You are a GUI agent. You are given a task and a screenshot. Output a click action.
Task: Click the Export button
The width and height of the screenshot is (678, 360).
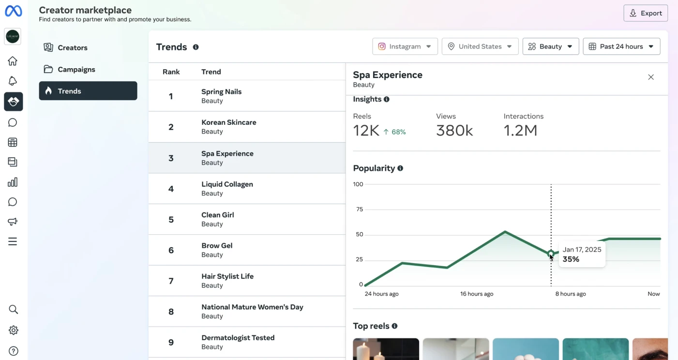tap(645, 13)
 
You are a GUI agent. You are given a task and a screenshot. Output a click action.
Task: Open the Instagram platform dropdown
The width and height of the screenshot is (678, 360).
tap(405, 46)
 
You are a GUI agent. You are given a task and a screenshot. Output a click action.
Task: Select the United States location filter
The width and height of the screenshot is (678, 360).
tap(480, 46)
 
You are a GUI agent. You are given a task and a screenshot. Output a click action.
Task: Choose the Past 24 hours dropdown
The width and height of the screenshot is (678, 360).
tap(621, 46)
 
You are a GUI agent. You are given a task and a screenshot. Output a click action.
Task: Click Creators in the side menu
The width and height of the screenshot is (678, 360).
tap(72, 47)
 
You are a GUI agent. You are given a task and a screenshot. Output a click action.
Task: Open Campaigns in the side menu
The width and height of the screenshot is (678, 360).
tap(76, 69)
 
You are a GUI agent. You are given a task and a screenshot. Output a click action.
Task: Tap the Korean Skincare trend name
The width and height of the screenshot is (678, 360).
tap(229, 122)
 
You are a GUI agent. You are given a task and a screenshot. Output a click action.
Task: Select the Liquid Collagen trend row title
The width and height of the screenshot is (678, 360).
tap(227, 184)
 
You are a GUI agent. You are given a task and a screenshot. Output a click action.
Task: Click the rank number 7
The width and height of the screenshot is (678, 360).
tap(171, 281)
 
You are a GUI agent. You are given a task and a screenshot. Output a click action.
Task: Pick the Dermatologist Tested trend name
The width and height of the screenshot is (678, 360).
tap(238, 337)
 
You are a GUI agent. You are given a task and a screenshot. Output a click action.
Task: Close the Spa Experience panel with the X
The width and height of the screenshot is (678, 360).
tap(651, 77)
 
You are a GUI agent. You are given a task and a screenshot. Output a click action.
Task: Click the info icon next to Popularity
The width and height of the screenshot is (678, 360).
tap(400, 168)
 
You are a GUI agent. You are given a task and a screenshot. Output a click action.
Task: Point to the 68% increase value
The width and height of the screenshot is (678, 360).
tap(398, 132)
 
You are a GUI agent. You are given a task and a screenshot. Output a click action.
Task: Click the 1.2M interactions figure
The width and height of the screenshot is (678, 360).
tap(520, 130)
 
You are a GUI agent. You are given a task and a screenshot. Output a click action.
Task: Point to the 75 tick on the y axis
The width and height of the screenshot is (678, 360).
tap(360, 209)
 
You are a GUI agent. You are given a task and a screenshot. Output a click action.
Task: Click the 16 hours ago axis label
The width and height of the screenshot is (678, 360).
tap(477, 294)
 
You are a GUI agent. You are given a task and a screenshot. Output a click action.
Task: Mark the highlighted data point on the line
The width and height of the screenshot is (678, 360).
tap(551, 254)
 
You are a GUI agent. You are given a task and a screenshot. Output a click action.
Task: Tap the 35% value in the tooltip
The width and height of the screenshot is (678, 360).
tap(571, 259)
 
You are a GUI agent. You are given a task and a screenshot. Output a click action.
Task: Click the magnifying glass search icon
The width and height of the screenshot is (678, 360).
tap(13, 309)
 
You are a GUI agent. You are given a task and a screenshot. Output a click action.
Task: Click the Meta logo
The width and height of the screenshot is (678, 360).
tap(14, 11)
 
